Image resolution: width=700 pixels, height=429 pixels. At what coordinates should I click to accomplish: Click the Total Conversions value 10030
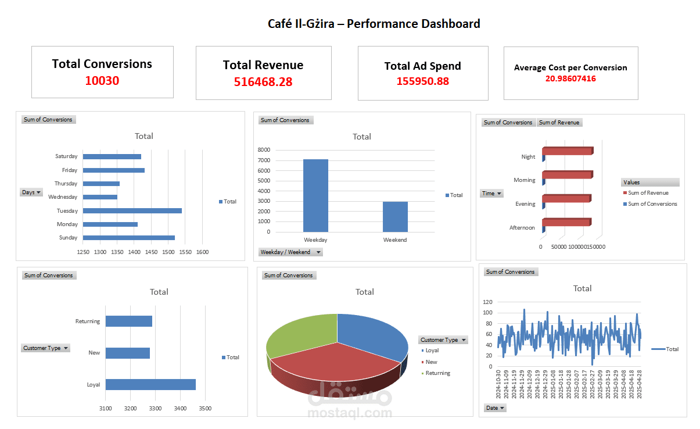(102, 81)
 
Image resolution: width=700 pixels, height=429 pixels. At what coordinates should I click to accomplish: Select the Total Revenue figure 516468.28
(263, 82)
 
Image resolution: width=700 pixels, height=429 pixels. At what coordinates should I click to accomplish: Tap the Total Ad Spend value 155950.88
(422, 81)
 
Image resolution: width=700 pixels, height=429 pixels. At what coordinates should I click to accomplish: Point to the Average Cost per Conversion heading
(570, 67)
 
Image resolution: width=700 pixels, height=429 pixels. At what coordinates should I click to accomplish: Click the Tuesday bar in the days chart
(132, 210)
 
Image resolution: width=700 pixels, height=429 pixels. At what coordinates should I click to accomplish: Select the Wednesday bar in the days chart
(100, 197)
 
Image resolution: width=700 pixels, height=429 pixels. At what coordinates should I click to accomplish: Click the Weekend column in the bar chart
(395, 216)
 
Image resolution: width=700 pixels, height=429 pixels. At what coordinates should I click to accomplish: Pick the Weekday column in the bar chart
(315, 195)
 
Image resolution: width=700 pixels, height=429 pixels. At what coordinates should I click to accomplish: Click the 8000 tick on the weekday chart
(264, 150)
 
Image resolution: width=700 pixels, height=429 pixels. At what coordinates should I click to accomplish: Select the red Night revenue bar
(567, 151)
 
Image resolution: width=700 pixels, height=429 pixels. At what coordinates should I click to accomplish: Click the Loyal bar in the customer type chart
(150, 384)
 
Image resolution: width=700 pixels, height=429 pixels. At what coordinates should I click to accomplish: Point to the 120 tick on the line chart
(487, 302)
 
